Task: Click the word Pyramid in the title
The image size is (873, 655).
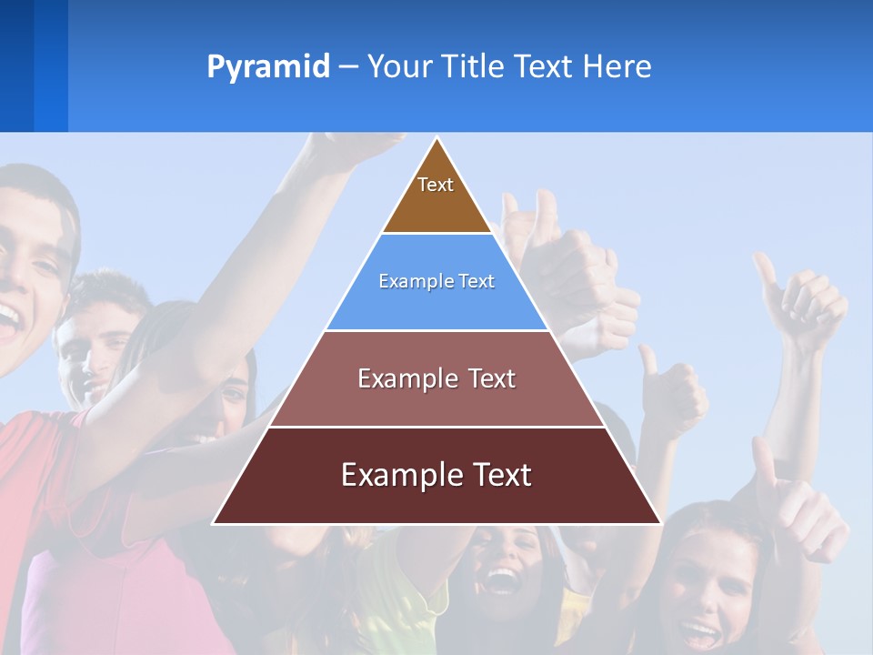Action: [x=268, y=67]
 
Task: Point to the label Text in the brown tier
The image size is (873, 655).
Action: [x=436, y=185]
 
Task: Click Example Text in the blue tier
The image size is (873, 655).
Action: [x=436, y=281]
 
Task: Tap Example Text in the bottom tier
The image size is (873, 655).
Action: [x=436, y=475]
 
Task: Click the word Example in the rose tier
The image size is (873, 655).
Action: [x=397, y=378]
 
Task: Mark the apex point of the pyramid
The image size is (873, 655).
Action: [x=436, y=138]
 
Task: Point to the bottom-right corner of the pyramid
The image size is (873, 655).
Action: [x=659, y=523]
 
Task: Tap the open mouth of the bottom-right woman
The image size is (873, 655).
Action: [x=701, y=633]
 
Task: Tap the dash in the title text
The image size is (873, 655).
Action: [x=348, y=67]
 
